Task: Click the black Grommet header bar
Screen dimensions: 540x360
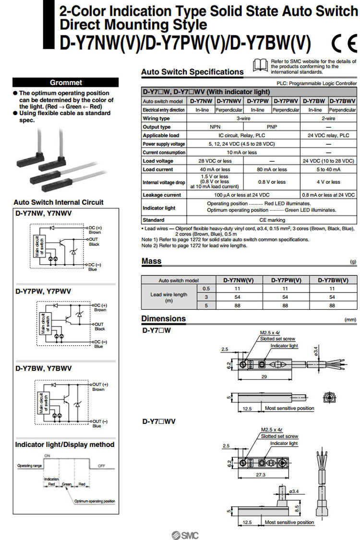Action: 66,82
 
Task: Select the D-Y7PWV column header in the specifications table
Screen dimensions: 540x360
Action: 286,101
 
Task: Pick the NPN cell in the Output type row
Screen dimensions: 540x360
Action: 216,127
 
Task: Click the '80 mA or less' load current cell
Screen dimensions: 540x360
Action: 272,169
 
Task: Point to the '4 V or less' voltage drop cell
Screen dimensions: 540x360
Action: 328,182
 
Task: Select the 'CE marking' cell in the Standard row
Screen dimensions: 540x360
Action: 272,220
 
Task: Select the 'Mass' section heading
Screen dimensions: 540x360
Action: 151,261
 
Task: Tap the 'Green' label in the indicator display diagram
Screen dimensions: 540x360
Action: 67,484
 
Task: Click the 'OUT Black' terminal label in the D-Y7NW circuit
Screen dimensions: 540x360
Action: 94,242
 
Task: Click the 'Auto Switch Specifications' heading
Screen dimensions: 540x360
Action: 192,72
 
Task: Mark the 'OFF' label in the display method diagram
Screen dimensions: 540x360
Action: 102,465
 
